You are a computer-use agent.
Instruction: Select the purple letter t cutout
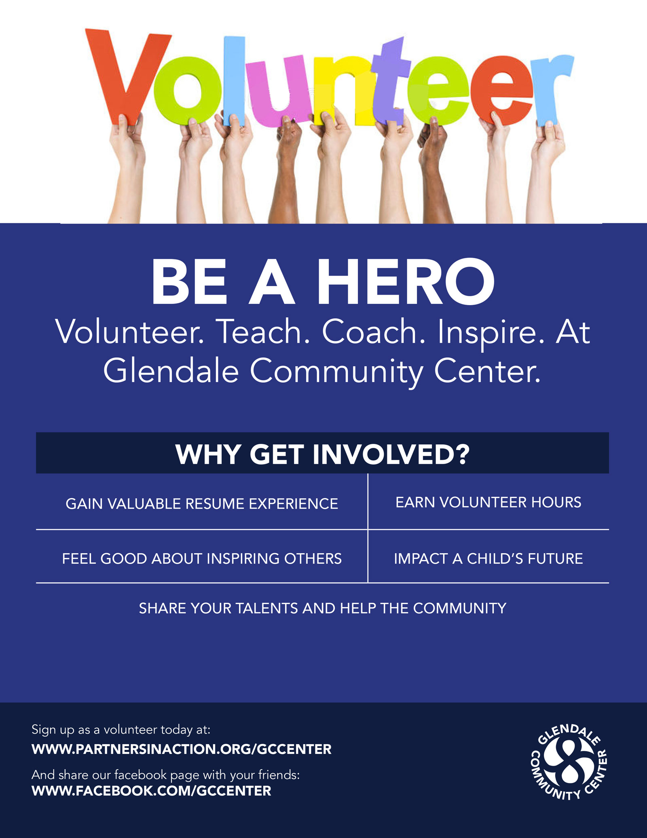coord(390,81)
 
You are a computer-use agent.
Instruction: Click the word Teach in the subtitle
coord(262,331)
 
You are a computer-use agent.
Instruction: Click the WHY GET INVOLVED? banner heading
coord(322,454)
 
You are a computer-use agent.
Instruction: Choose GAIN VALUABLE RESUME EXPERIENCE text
coord(202,504)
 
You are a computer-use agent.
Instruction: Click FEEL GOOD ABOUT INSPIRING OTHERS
coord(202,559)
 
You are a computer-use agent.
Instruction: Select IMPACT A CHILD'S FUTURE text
coord(488,559)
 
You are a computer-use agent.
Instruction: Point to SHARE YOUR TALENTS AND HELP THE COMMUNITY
coord(322,609)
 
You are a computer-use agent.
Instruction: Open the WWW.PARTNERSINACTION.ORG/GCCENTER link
coord(182,749)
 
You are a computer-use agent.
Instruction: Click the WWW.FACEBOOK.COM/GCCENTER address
coord(151,791)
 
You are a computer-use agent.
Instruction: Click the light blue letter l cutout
coord(234,81)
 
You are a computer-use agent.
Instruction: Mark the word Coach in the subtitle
coord(374,331)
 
